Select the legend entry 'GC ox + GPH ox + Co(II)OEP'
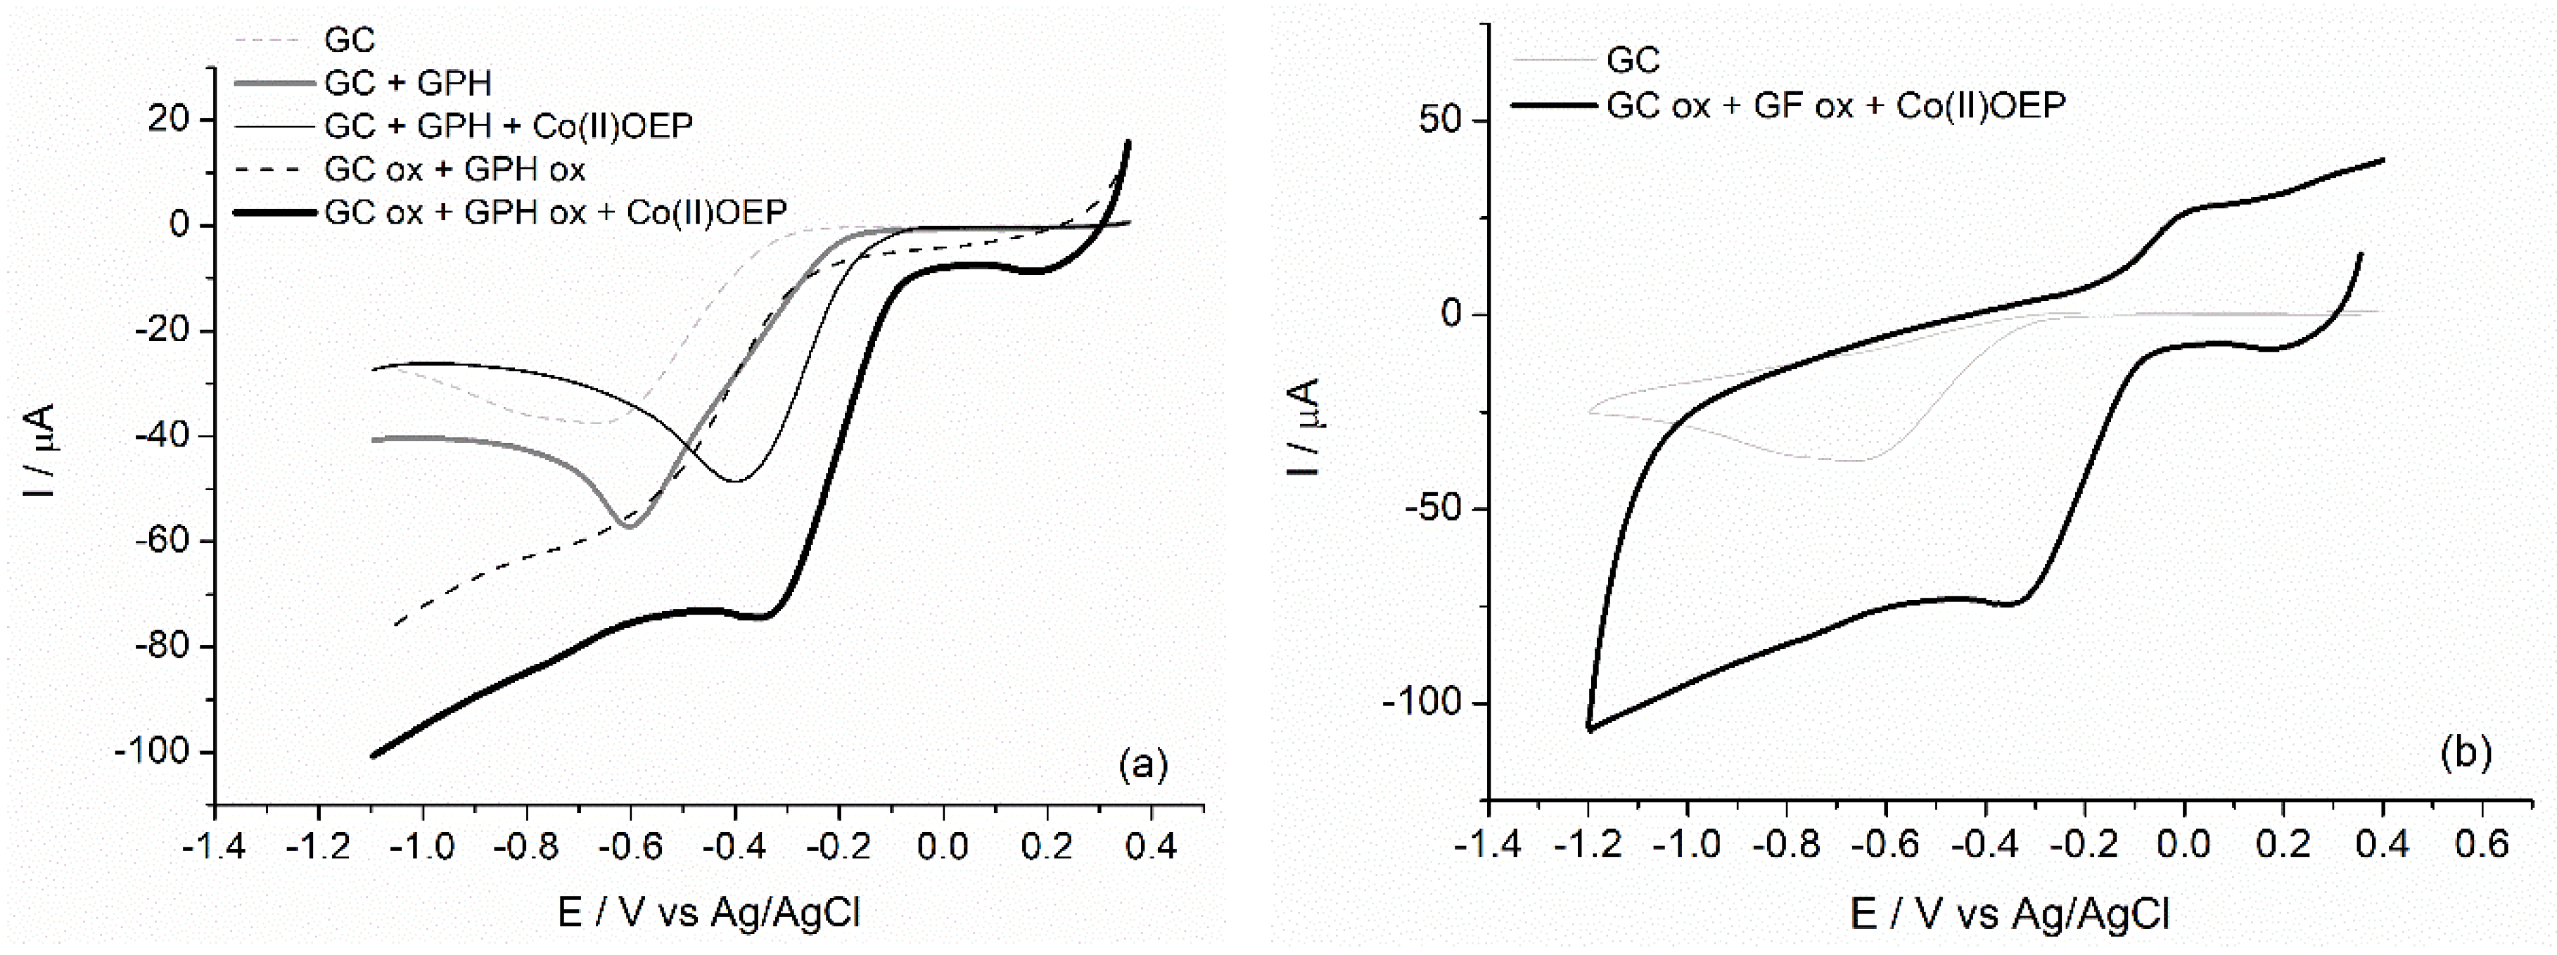(556, 212)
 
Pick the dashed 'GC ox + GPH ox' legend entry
(454, 169)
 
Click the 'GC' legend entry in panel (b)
(1633, 60)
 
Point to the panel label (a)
(1142, 764)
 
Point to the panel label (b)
(2466, 752)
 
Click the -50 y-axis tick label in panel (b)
(1430, 509)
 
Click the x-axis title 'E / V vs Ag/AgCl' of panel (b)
(2009, 914)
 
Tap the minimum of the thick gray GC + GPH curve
(627, 526)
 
